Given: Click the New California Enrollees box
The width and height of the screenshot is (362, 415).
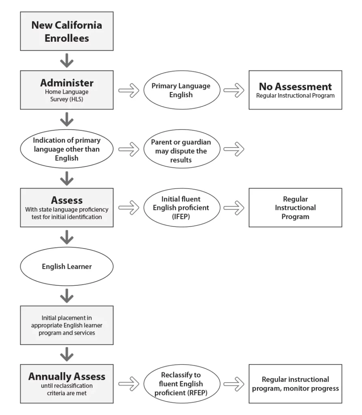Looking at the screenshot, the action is [x=67, y=31].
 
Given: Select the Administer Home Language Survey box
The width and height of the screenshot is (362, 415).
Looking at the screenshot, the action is [x=67, y=90].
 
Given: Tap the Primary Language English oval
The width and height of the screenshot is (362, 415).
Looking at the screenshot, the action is [x=182, y=90].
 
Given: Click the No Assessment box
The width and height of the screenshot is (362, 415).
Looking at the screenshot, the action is [x=295, y=90].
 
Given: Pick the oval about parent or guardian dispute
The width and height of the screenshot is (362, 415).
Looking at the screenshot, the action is [x=182, y=149].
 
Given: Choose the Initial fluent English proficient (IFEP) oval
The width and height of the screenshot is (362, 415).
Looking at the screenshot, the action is [x=182, y=207].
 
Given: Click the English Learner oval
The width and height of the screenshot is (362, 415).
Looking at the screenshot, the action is [x=67, y=266].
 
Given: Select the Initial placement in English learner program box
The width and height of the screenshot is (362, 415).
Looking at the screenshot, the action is [x=67, y=325].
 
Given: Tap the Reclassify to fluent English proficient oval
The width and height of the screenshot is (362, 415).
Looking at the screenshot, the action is [x=182, y=384].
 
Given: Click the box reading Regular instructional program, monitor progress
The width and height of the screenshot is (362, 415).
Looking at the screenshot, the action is [x=295, y=384].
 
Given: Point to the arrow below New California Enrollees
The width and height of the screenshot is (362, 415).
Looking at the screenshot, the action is [x=67, y=60].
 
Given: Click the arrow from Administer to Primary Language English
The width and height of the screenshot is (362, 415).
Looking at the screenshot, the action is [x=129, y=90].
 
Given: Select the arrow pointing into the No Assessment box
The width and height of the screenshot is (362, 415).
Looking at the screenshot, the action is [x=234, y=90].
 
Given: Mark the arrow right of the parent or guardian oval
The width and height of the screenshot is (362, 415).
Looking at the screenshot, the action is [x=234, y=149].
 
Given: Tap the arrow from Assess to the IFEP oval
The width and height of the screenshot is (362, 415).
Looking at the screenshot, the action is [x=129, y=208].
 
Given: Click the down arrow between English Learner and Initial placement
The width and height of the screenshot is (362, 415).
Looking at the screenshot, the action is [x=67, y=295].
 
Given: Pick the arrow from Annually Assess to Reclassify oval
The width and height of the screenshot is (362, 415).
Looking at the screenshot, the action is [x=129, y=384].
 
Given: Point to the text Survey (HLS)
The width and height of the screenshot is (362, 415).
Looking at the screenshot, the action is [x=67, y=99].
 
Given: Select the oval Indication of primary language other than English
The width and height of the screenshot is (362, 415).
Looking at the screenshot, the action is [x=67, y=149].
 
